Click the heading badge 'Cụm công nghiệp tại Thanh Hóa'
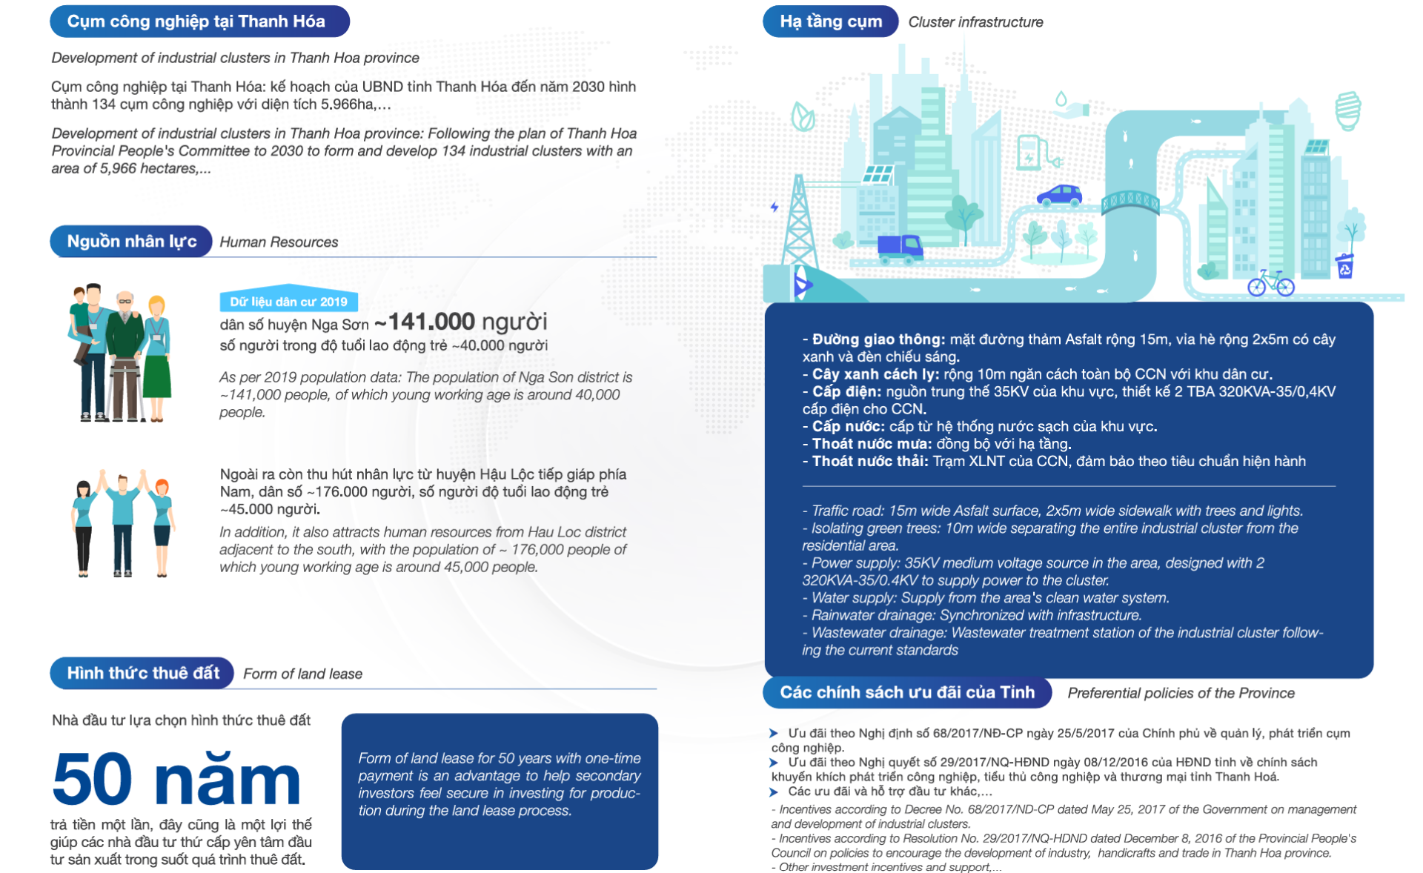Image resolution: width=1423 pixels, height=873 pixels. pos(199,21)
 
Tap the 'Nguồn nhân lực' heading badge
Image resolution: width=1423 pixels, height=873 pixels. pos(131,242)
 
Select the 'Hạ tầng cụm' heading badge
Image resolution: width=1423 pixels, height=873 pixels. pos(830,21)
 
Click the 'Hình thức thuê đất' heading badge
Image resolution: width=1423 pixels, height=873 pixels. pos(142,673)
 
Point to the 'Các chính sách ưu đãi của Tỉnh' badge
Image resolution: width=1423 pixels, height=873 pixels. pos(906,692)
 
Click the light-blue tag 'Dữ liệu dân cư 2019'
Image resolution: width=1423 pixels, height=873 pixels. pos(288,302)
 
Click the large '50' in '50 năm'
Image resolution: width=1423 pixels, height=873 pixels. pos(93,779)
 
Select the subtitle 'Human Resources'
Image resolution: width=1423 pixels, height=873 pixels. pos(279,242)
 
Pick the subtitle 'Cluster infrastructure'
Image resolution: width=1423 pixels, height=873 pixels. pos(975,22)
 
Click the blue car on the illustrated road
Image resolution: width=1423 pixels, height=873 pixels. pos(1059,196)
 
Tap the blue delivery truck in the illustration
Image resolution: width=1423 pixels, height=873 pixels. pos(900,248)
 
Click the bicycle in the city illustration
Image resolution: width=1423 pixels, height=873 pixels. pos(1270,283)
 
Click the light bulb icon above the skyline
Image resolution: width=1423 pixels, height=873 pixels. pos(1347,110)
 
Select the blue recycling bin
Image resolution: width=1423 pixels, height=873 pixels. pos(1344,266)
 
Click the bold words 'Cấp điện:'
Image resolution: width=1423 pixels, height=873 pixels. pos(846,391)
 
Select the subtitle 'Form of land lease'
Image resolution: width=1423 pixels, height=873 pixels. pos(302,674)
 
